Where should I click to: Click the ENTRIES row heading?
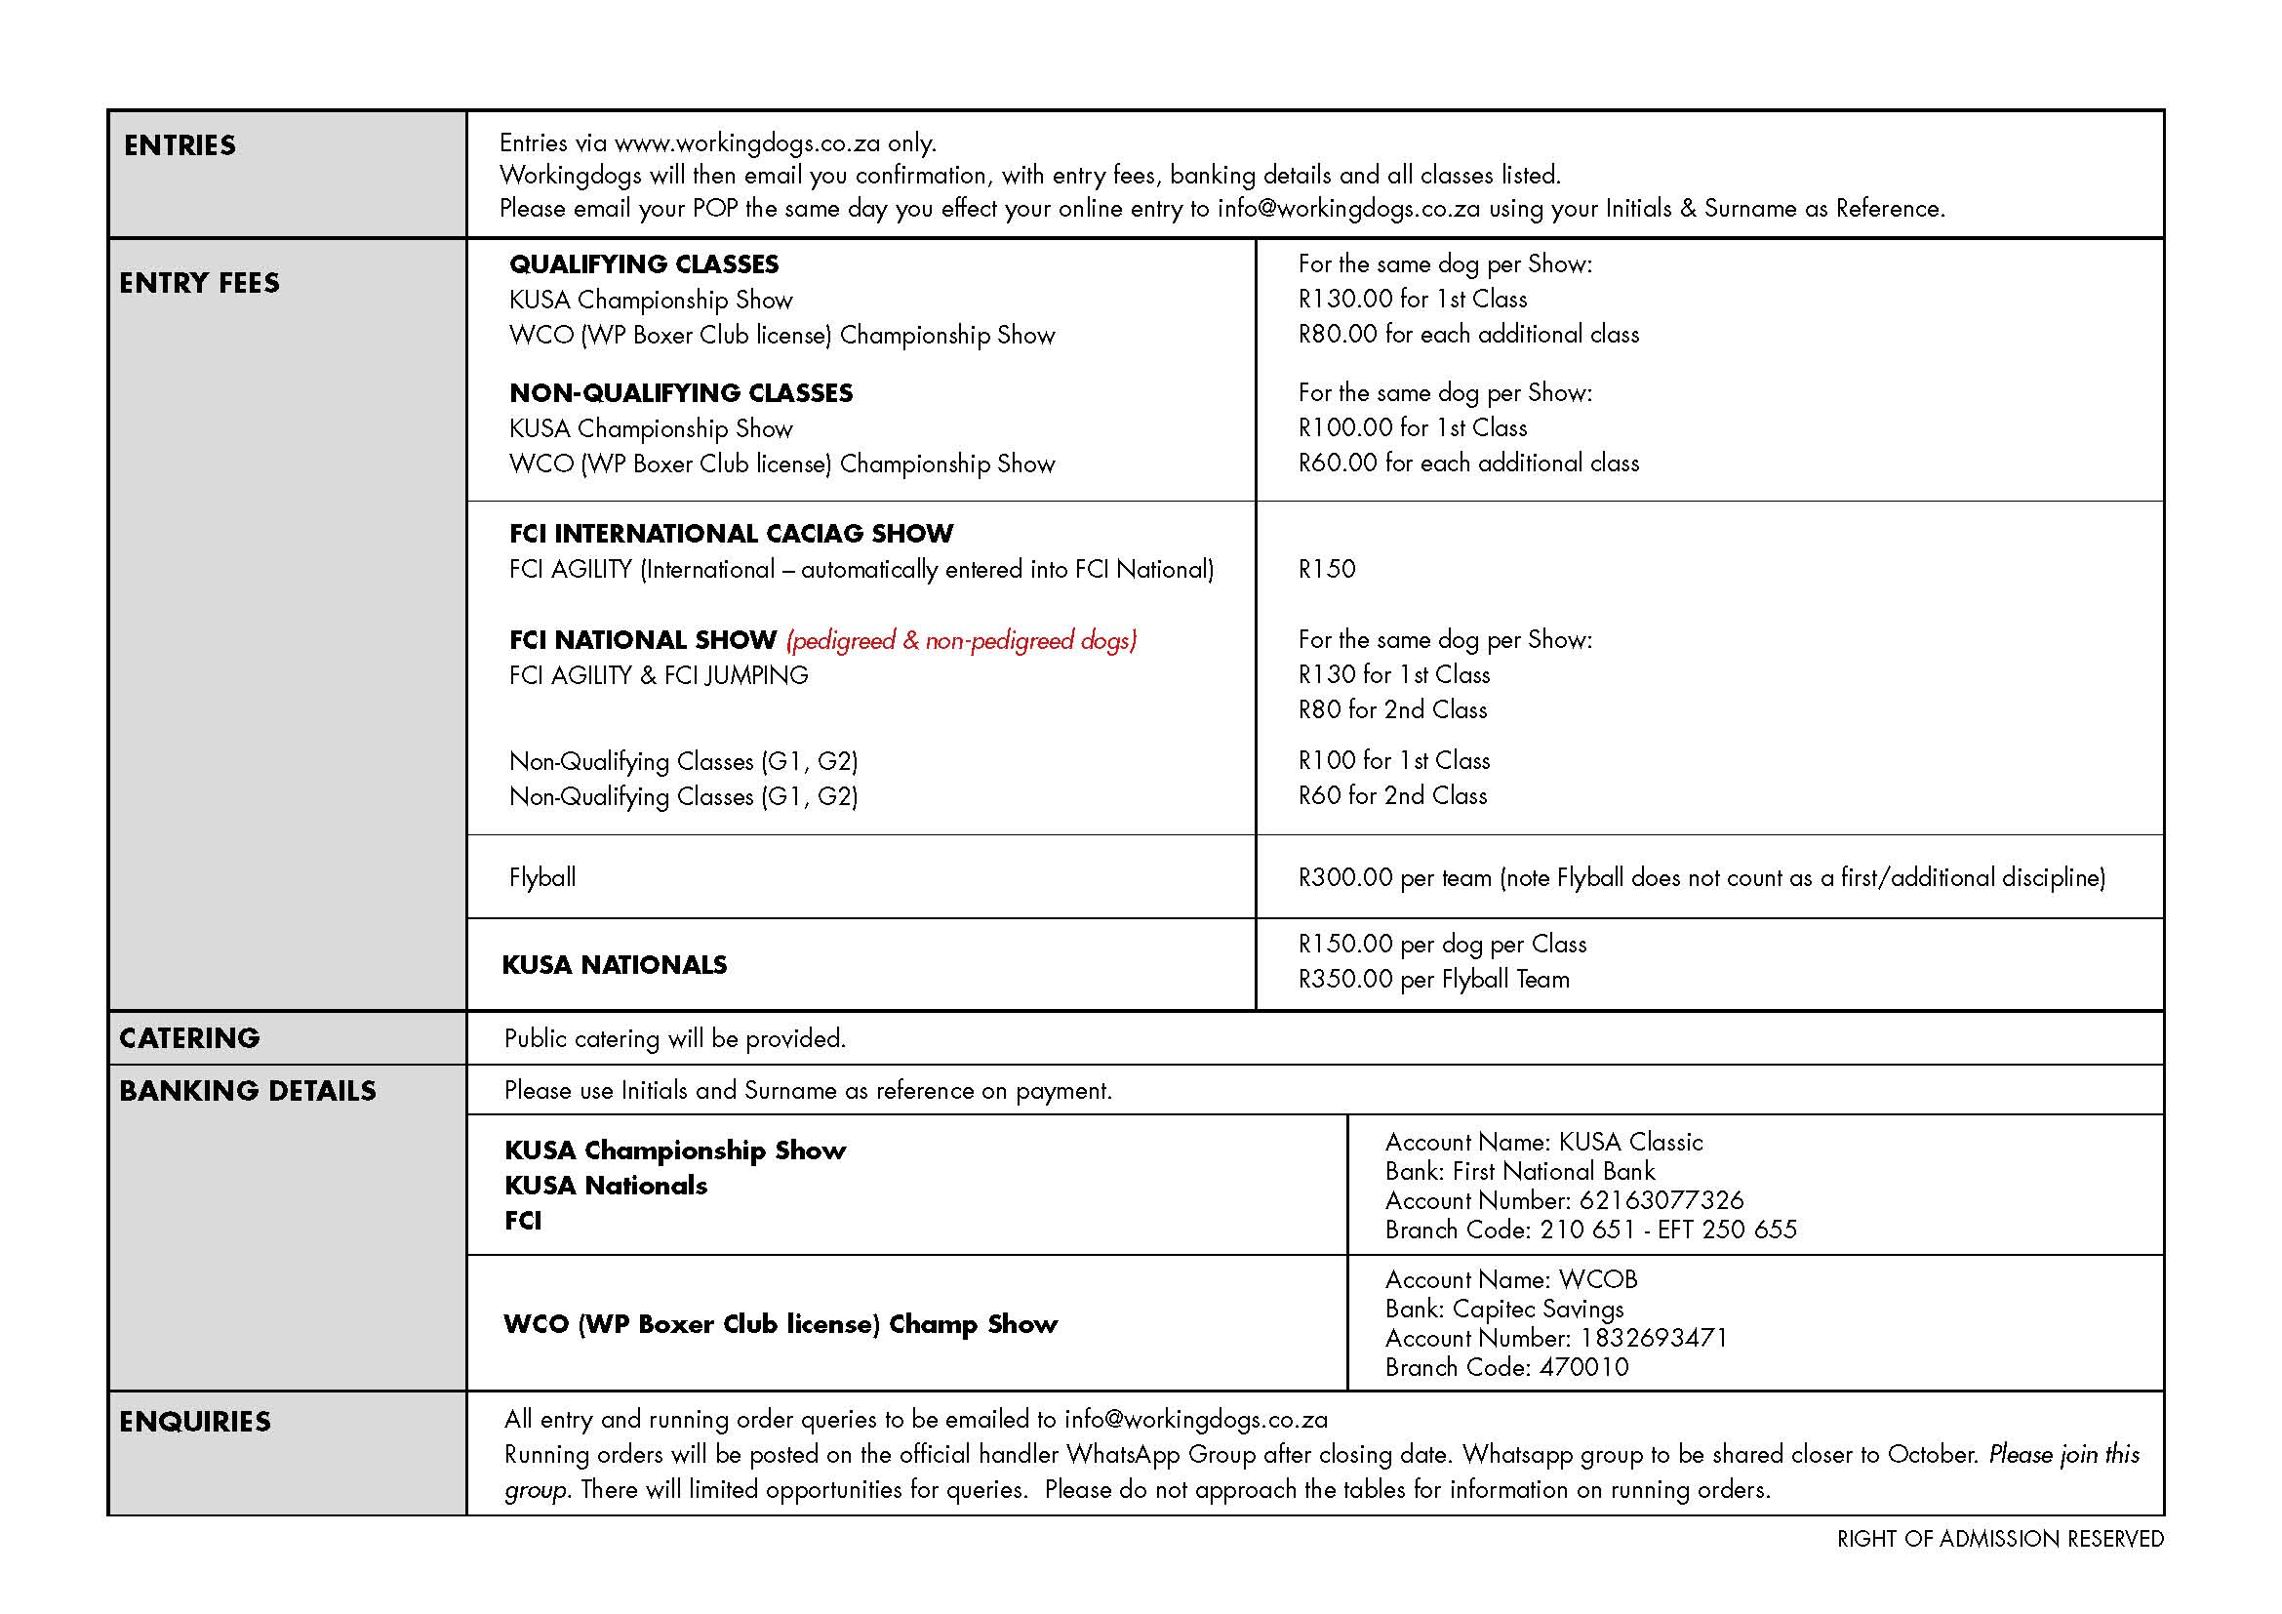[x=180, y=145]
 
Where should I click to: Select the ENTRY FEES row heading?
[x=199, y=283]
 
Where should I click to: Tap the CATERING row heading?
[x=189, y=1037]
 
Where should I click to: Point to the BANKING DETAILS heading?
[x=248, y=1090]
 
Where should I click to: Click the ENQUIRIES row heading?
[x=195, y=1421]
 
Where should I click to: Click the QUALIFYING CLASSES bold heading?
[x=644, y=264]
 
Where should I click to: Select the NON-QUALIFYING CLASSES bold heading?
[x=681, y=392]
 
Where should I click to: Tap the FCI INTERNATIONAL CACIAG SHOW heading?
[x=731, y=534]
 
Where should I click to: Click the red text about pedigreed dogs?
[x=961, y=640]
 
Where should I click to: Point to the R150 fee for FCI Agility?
[x=1327, y=569]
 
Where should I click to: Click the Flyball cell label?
[x=542, y=876]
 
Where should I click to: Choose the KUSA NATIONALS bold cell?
[x=615, y=964]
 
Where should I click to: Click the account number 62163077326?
[x=1661, y=1200]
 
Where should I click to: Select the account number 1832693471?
[x=1653, y=1338]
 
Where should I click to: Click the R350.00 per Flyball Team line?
[x=1433, y=979]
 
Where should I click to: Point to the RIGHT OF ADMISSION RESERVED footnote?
[x=2000, y=1539]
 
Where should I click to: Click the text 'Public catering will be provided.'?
[x=675, y=1038]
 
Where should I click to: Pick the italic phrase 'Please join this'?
[x=2063, y=1454]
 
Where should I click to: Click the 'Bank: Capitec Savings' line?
[x=1503, y=1309]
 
